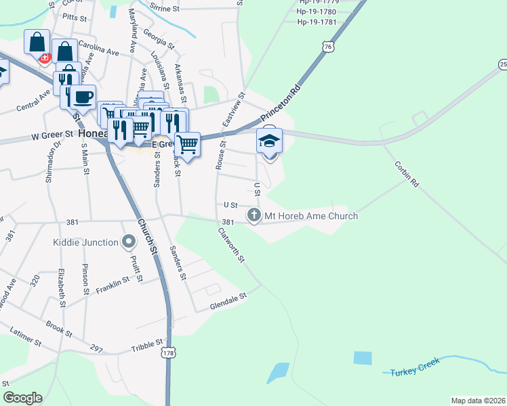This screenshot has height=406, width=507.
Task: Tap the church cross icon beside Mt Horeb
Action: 254,216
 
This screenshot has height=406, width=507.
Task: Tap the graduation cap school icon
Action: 269,141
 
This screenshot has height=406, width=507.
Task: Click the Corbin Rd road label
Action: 407,173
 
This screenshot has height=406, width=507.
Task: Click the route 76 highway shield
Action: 328,47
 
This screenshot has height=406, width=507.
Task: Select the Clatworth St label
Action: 230,245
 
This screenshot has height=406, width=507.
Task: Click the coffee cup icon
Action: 83,97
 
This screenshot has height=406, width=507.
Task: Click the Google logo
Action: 22,398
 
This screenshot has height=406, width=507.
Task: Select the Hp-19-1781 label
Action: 317,22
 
